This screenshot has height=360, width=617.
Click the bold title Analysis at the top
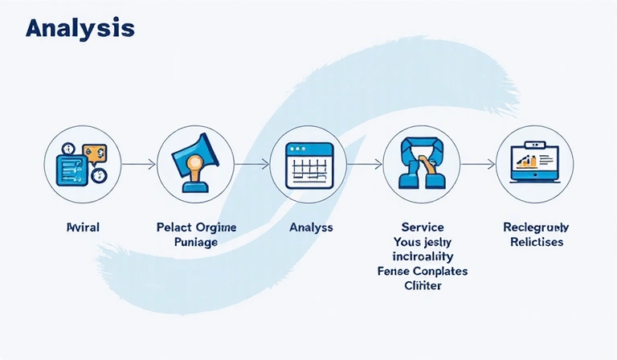80,28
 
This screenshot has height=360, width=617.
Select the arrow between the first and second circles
138,164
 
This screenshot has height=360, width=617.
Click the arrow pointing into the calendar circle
253,164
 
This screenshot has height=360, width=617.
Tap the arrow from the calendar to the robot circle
366,164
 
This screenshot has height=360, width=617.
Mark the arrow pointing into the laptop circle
479,164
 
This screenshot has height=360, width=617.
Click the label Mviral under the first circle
83,228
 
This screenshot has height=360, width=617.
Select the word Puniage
195,242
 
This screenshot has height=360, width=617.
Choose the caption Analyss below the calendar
310,228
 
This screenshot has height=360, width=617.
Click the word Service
422,227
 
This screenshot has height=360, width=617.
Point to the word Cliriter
422,285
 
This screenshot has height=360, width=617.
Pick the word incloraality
422,256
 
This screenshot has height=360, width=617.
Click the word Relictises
534,242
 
